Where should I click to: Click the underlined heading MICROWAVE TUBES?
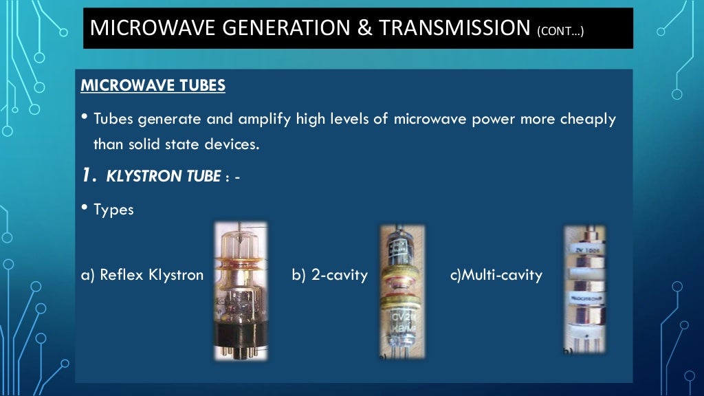[x=153, y=87]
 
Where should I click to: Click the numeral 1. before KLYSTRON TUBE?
[x=87, y=175]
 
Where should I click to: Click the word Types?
[x=113, y=210]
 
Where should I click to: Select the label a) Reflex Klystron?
[x=142, y=275]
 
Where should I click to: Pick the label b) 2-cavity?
[x=329, y=275]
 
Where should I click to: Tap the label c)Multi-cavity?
[x=496, y=275]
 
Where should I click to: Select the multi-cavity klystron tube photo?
[x=584, y=289]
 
